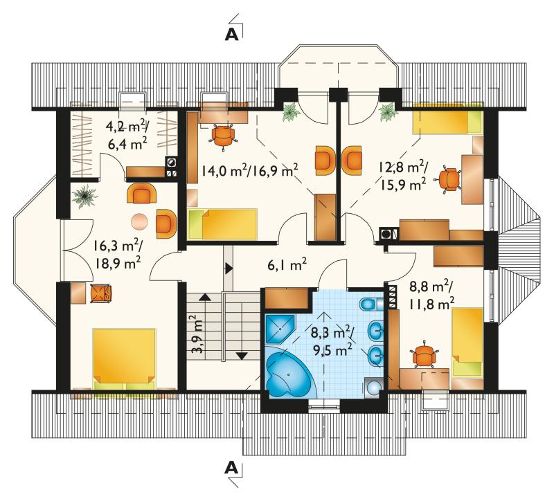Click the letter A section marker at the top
232,34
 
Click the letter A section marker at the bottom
231,468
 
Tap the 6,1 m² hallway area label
287,264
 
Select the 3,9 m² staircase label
199,334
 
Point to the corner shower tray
280,329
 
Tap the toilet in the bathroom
371,304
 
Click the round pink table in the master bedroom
140,221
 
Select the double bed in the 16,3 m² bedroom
124,359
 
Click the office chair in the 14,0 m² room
223,135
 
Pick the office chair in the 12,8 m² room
449,180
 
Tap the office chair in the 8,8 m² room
424,356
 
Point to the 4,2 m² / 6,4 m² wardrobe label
127,134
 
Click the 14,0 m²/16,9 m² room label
250,170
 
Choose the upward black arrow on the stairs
205,297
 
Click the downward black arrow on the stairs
242,356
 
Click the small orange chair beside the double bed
101,293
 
